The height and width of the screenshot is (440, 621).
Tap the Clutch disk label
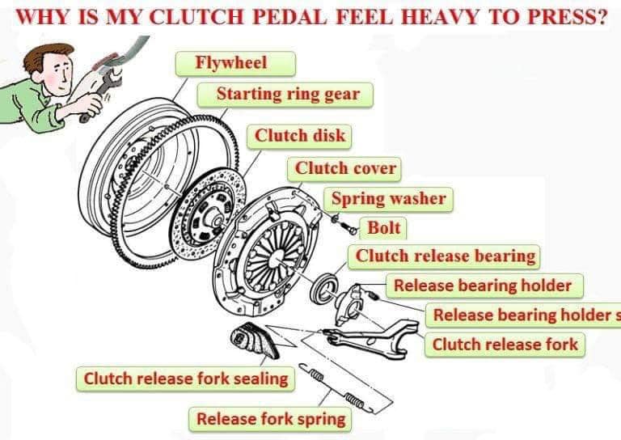point(299,136)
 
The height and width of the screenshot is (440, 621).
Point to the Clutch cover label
point(344,169)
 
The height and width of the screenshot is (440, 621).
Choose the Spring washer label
point(388,199)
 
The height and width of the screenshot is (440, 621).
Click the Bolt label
point(383,228)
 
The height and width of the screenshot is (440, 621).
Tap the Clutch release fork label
point(505,345)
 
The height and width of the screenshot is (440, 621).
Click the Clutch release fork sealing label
point(185,379)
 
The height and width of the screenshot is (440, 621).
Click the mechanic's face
point(59,72)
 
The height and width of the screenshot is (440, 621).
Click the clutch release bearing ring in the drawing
point(325,286)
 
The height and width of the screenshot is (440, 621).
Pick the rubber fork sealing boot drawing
point(254,341)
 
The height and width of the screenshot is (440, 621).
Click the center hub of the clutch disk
point(216,219)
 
